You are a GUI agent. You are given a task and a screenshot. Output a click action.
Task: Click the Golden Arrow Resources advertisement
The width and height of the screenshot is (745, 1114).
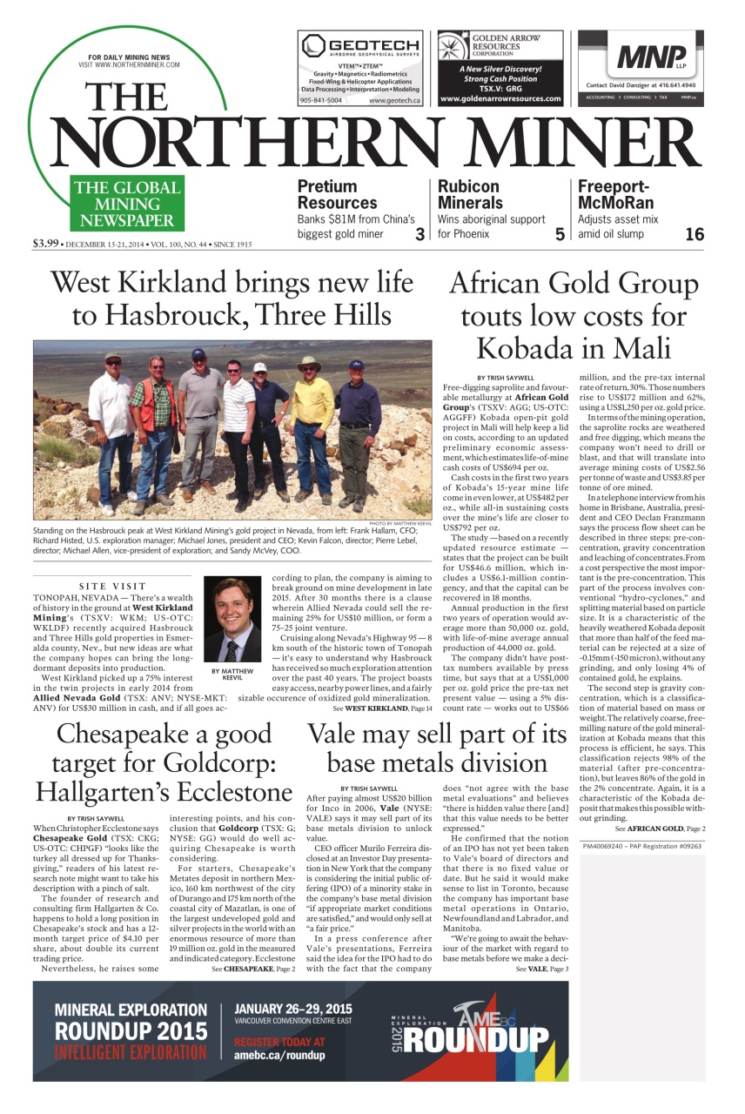pyautogui.click(x=500, y=68)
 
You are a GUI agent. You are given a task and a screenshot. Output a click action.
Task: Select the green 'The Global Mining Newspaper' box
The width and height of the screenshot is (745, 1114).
pyautogui.click(x=127, y=204)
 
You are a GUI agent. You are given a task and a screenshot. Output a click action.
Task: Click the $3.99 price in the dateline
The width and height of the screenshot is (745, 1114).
pyautogui.click(x=45, y=244)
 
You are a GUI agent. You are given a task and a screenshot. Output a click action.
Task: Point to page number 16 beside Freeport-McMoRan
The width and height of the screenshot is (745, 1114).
pyautogui.click(x=694, y=234)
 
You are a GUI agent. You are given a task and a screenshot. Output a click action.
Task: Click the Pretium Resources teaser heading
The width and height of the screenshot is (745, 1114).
pyautogui.click(x=327, y=194)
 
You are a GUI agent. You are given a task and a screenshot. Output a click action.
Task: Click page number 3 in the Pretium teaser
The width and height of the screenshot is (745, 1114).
pyautogui.click(x=419, y=234)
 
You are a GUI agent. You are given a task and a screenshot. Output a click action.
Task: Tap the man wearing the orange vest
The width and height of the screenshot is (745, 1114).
pyautogui.click(x=157, y=427)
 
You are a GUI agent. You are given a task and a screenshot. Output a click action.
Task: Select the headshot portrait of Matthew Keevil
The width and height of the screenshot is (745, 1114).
pyautogui.click(x=232, y=619)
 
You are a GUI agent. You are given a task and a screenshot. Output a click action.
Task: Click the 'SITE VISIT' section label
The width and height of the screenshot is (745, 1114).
pyautogui.click(x=113, y=586)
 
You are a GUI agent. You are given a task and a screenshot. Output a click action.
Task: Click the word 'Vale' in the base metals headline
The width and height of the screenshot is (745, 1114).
pyautogui.click(x=344, y=735)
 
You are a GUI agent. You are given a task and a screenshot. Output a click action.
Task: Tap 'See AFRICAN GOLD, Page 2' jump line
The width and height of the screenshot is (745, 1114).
pyautogui.click(x=660, y=829)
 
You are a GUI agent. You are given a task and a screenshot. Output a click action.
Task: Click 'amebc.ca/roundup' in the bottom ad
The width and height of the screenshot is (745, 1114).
pyautogui.click(x=279, y=1056)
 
